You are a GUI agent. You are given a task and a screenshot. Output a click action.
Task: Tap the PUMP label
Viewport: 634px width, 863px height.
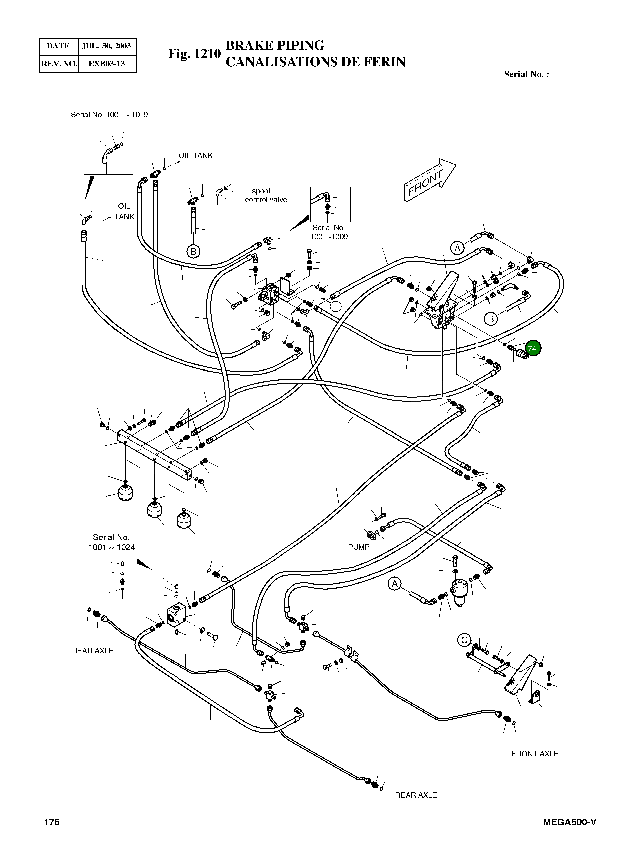coord(359,547)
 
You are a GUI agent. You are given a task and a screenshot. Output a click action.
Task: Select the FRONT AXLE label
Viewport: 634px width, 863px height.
coord(535,754)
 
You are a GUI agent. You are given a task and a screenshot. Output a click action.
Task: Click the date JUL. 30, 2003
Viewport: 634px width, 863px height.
coord(106,46)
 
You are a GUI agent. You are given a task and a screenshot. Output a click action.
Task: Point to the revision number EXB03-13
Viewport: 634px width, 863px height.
coord(106,64)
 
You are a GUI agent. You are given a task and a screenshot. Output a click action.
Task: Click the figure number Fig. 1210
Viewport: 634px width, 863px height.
coord(194,54)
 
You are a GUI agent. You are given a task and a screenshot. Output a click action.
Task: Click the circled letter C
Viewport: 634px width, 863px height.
coord(464,640)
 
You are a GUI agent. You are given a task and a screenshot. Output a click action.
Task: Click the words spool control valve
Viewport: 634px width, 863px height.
coord(266,195)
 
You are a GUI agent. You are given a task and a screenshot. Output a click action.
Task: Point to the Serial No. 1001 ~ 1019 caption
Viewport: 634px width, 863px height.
coord(109,115)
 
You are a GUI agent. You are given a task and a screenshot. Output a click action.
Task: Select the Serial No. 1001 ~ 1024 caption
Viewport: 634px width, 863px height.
coord(111,542)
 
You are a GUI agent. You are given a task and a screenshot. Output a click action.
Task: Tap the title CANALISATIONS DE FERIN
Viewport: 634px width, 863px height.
coord(315,62)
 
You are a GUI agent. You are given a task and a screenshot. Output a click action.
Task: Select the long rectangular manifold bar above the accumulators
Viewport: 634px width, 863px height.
coord(154,455)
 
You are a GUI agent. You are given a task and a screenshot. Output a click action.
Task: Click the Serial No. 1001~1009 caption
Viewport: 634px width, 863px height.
coord(329,232)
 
